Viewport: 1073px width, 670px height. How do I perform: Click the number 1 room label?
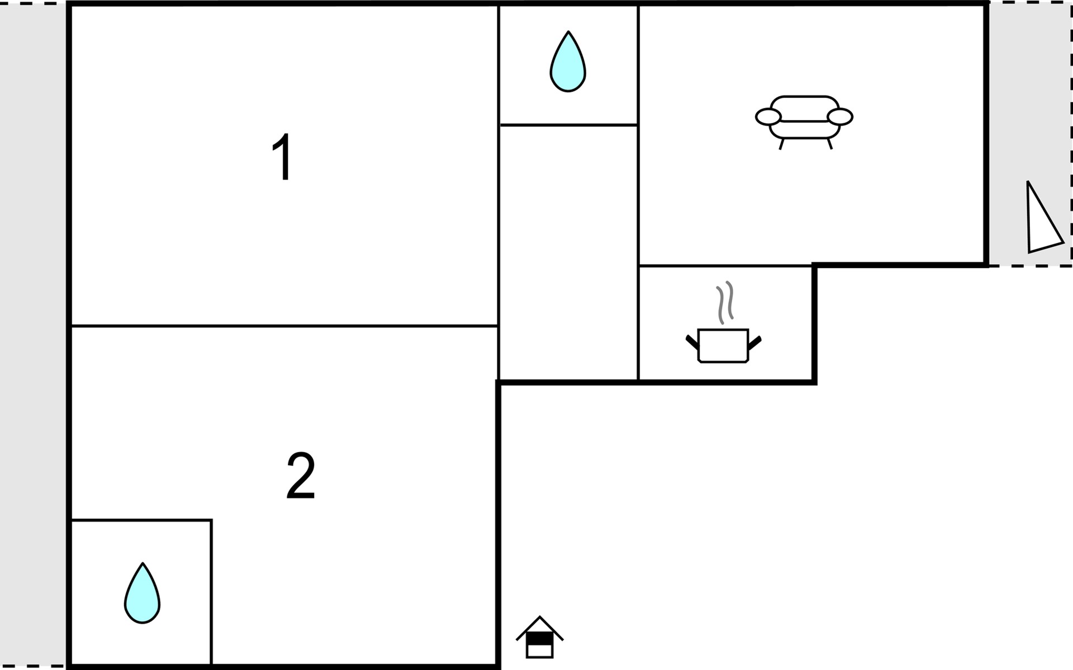[x=283, y=157]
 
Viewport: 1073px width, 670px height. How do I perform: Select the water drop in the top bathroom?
[x=568, y=61]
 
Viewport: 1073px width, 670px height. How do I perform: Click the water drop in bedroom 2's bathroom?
[x=142, y=593]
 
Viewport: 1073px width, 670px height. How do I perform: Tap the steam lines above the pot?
[x=725, y=303]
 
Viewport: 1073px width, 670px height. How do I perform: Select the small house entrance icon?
[x=539, y=637]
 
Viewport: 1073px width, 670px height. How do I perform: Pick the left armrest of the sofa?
[x=768, y=117]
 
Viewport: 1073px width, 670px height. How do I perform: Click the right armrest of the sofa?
[x=839, y=117]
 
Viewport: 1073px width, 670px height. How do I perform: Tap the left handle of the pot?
[x=692, y=342]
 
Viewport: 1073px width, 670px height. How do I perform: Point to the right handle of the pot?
[x=754, y=342]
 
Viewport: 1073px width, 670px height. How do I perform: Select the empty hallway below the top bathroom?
[x=568, y=252]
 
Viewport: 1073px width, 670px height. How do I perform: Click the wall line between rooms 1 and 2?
[x=284, y=326]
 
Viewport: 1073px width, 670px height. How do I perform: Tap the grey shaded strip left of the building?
[x=32, y=335]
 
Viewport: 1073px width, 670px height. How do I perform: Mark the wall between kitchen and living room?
[x=725, y=266]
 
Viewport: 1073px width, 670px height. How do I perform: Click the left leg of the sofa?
[x=782, y=144]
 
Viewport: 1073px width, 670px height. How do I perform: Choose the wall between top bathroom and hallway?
[x=568, y=125]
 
